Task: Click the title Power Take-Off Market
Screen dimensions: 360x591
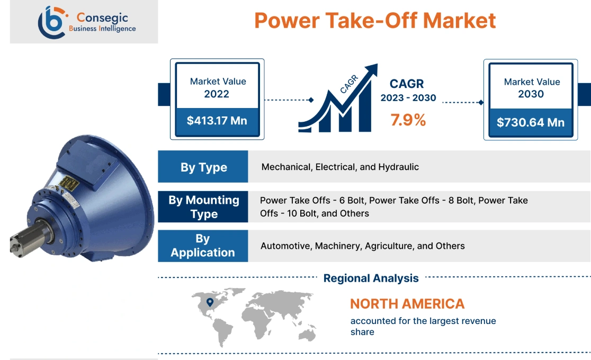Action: point(375,21)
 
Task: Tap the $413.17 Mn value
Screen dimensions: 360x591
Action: point(217,121)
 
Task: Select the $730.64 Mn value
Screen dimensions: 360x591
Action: point(531,122)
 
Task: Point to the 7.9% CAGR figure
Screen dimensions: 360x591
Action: point(408,120)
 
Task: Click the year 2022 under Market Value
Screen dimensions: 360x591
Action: point(217,94)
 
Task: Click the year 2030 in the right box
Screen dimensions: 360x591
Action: point(531,94)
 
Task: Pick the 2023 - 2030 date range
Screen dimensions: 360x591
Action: point(408,98)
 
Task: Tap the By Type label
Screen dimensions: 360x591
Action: point(203,167)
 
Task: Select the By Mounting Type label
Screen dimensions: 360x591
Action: point(203,207)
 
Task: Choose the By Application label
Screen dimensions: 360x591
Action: point(203,246)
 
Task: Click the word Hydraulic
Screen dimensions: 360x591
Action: point(398,167)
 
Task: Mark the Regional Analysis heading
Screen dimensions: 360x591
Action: point(371,278)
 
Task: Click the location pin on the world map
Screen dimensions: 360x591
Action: point(210,302)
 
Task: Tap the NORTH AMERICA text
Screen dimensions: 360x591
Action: point(407,304)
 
